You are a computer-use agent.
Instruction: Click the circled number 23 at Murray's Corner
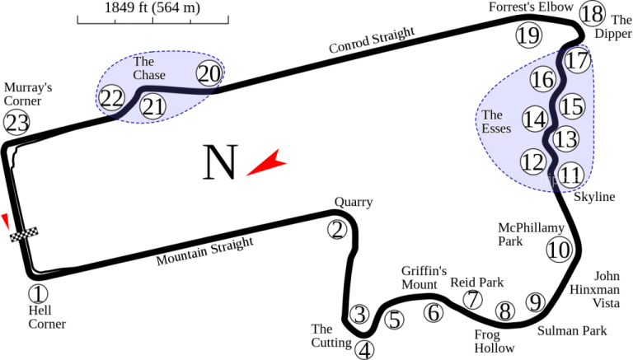click(x=16, y=123)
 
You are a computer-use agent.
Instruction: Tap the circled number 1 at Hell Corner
click(x=39, y=294)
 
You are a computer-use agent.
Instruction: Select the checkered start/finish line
click(x=24, y=234)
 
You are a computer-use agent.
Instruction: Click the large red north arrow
click(x=266, y=162)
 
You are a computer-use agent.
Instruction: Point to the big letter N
click(x=219, y=161)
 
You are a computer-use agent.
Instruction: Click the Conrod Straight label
click(x=372, y=40)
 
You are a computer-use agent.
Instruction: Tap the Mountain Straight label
click(x=205, y=251)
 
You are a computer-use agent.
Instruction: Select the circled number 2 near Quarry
click(x=337, y=230)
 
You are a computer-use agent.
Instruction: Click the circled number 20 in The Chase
click(x=209, y=73)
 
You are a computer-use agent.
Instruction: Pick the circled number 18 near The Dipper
click(x=593, y=14)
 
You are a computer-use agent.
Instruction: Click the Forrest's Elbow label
click(x=531, y=7)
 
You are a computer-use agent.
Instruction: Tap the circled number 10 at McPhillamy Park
click(x=560, y=250)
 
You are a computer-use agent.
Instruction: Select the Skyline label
click(x=594, y=197)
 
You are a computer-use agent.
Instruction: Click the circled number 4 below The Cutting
click(x=364, y=350)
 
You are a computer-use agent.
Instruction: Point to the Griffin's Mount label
click(x=424, y=278)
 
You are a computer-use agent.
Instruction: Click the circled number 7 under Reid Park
click(x=473, y=300)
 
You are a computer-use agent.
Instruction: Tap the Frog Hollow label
click(x=495, y=341)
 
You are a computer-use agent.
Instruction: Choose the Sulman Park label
click(x=572, y=331)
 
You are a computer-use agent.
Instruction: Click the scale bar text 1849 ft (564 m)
click(x=152, y=7)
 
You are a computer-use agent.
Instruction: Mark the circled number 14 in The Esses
click(x=535, y=119)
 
